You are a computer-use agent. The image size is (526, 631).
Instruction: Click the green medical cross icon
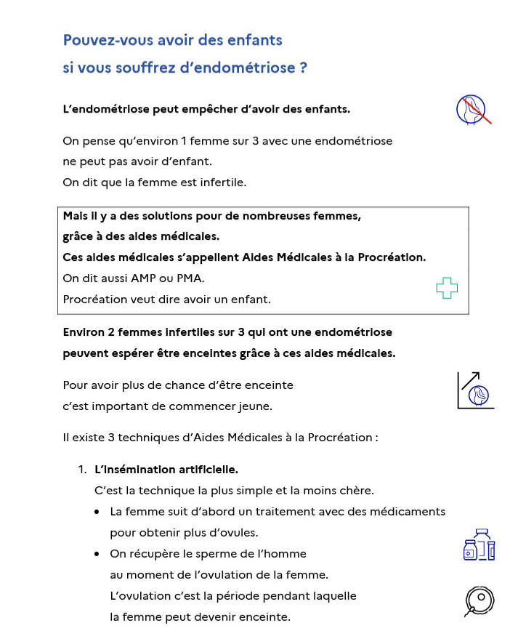[447, 288]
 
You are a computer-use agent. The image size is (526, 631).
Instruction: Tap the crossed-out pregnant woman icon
[473, 109]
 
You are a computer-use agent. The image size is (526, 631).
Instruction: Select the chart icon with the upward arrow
[475, 390]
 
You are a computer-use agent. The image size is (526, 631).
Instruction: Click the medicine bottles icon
[479, 544]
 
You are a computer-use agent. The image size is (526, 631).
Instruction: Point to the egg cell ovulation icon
[480, 600]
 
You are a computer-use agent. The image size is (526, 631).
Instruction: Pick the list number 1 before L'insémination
[82, 470]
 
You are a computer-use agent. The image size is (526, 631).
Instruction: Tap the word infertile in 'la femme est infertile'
[223, 182]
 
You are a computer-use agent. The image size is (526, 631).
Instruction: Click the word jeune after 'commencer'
[256, 406]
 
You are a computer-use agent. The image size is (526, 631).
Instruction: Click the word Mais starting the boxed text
[76, 216]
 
